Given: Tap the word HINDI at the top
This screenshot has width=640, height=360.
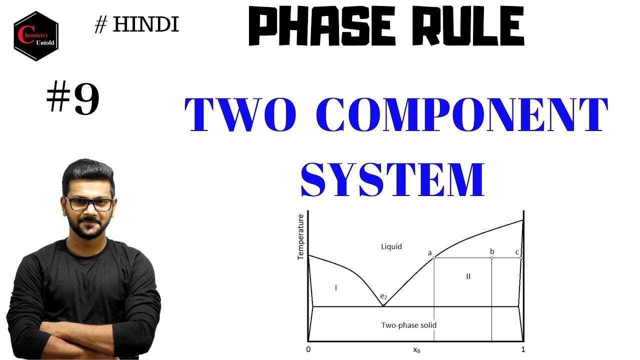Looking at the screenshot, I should [145, 24].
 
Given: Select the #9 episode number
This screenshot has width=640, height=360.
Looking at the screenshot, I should [73, 99].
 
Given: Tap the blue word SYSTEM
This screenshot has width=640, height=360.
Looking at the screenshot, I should [392, 179].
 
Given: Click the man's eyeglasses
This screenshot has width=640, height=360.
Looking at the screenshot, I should [89, 204].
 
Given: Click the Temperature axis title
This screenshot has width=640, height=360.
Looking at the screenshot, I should [301, 236].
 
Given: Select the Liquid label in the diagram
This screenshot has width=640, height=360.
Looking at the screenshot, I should [391, 246].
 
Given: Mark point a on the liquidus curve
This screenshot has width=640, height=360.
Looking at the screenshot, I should [433, 257].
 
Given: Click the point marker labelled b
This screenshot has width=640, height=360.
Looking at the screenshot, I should [491, 257].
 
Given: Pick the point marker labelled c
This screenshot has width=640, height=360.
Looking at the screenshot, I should [521, 257].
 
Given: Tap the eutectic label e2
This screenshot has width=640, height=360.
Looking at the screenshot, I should [383, 296].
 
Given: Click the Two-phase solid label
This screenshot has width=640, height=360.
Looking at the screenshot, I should [408, 325].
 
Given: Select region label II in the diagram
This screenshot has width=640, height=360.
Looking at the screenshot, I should [468, 276].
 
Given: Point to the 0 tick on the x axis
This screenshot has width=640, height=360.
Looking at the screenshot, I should [308, 349].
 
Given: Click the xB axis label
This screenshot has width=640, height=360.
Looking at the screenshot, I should [416, 350].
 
